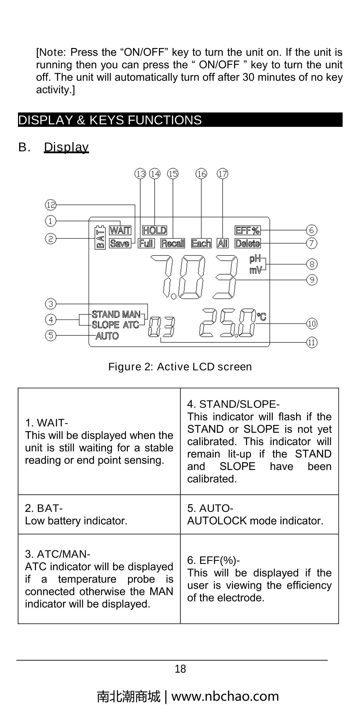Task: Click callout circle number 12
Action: (51, 205)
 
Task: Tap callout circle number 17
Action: (223, 174)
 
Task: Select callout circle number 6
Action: (312, 230)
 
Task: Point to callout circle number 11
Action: (312, 342)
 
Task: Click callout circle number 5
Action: (51, 335)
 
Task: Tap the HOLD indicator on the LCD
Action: (154, 230)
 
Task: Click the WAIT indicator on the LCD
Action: (120, 230)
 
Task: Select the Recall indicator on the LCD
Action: (173, 243)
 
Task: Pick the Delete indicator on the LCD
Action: (248, 243)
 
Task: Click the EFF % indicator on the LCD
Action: (248, 230)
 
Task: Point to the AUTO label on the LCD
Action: (107, 336)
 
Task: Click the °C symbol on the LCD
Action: (261, 317)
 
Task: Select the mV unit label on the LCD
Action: (255, 270)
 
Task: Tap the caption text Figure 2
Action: (180, 367)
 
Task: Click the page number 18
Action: (180, 669)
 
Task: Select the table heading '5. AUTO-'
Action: (210, 508)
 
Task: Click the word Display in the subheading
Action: (66, 147)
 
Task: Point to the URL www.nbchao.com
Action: (225, 696)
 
